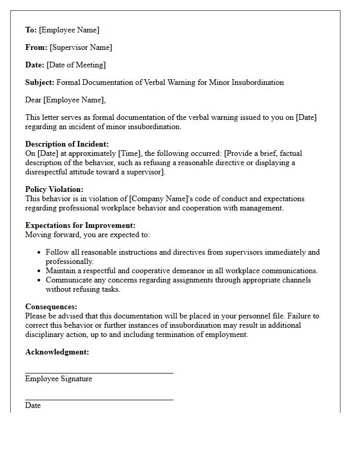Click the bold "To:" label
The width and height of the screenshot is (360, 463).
31,30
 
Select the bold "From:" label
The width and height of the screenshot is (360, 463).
36,47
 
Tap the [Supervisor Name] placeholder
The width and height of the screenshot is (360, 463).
81,47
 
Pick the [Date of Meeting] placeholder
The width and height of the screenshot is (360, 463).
76,65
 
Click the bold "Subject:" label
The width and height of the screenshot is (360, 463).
40,82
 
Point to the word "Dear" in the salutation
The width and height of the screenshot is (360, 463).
33,100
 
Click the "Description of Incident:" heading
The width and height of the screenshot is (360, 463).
67,144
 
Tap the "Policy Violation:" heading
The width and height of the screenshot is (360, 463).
54,189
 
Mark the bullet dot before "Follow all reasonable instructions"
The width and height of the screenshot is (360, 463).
40,253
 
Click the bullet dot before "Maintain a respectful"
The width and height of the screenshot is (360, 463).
40,271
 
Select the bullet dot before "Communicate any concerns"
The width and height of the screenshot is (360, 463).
40,280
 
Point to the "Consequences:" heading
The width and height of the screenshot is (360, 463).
51,307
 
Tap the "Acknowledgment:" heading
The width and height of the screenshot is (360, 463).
57,352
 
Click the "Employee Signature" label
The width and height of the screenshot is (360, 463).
59,379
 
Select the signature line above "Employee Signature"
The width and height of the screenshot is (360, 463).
99,373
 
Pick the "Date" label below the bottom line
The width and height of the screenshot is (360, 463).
33,405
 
